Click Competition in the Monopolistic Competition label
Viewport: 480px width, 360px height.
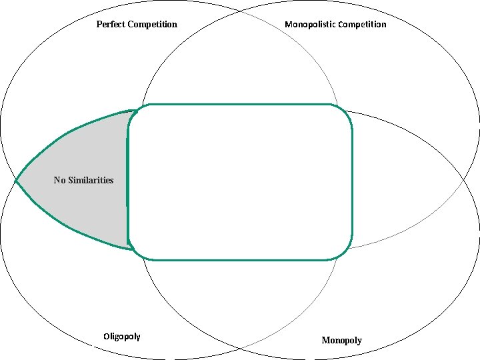pos(362,25)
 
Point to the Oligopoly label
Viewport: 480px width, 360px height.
pos(122,336)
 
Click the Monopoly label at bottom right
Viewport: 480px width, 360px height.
pos(341,341)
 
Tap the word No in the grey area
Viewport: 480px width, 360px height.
pos(59,180)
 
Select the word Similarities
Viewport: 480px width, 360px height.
pos(91,180)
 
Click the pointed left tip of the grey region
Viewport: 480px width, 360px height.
pos(16,181)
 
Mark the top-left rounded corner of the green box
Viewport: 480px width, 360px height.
pos(134,111)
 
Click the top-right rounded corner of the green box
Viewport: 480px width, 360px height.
pos(346,111)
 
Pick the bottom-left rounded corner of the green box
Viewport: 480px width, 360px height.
pos(134,253)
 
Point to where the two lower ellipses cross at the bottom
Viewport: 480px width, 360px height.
pos(240,348)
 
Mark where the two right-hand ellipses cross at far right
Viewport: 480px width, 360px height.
pos(465,180)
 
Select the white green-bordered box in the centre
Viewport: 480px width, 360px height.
pos(240,181)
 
